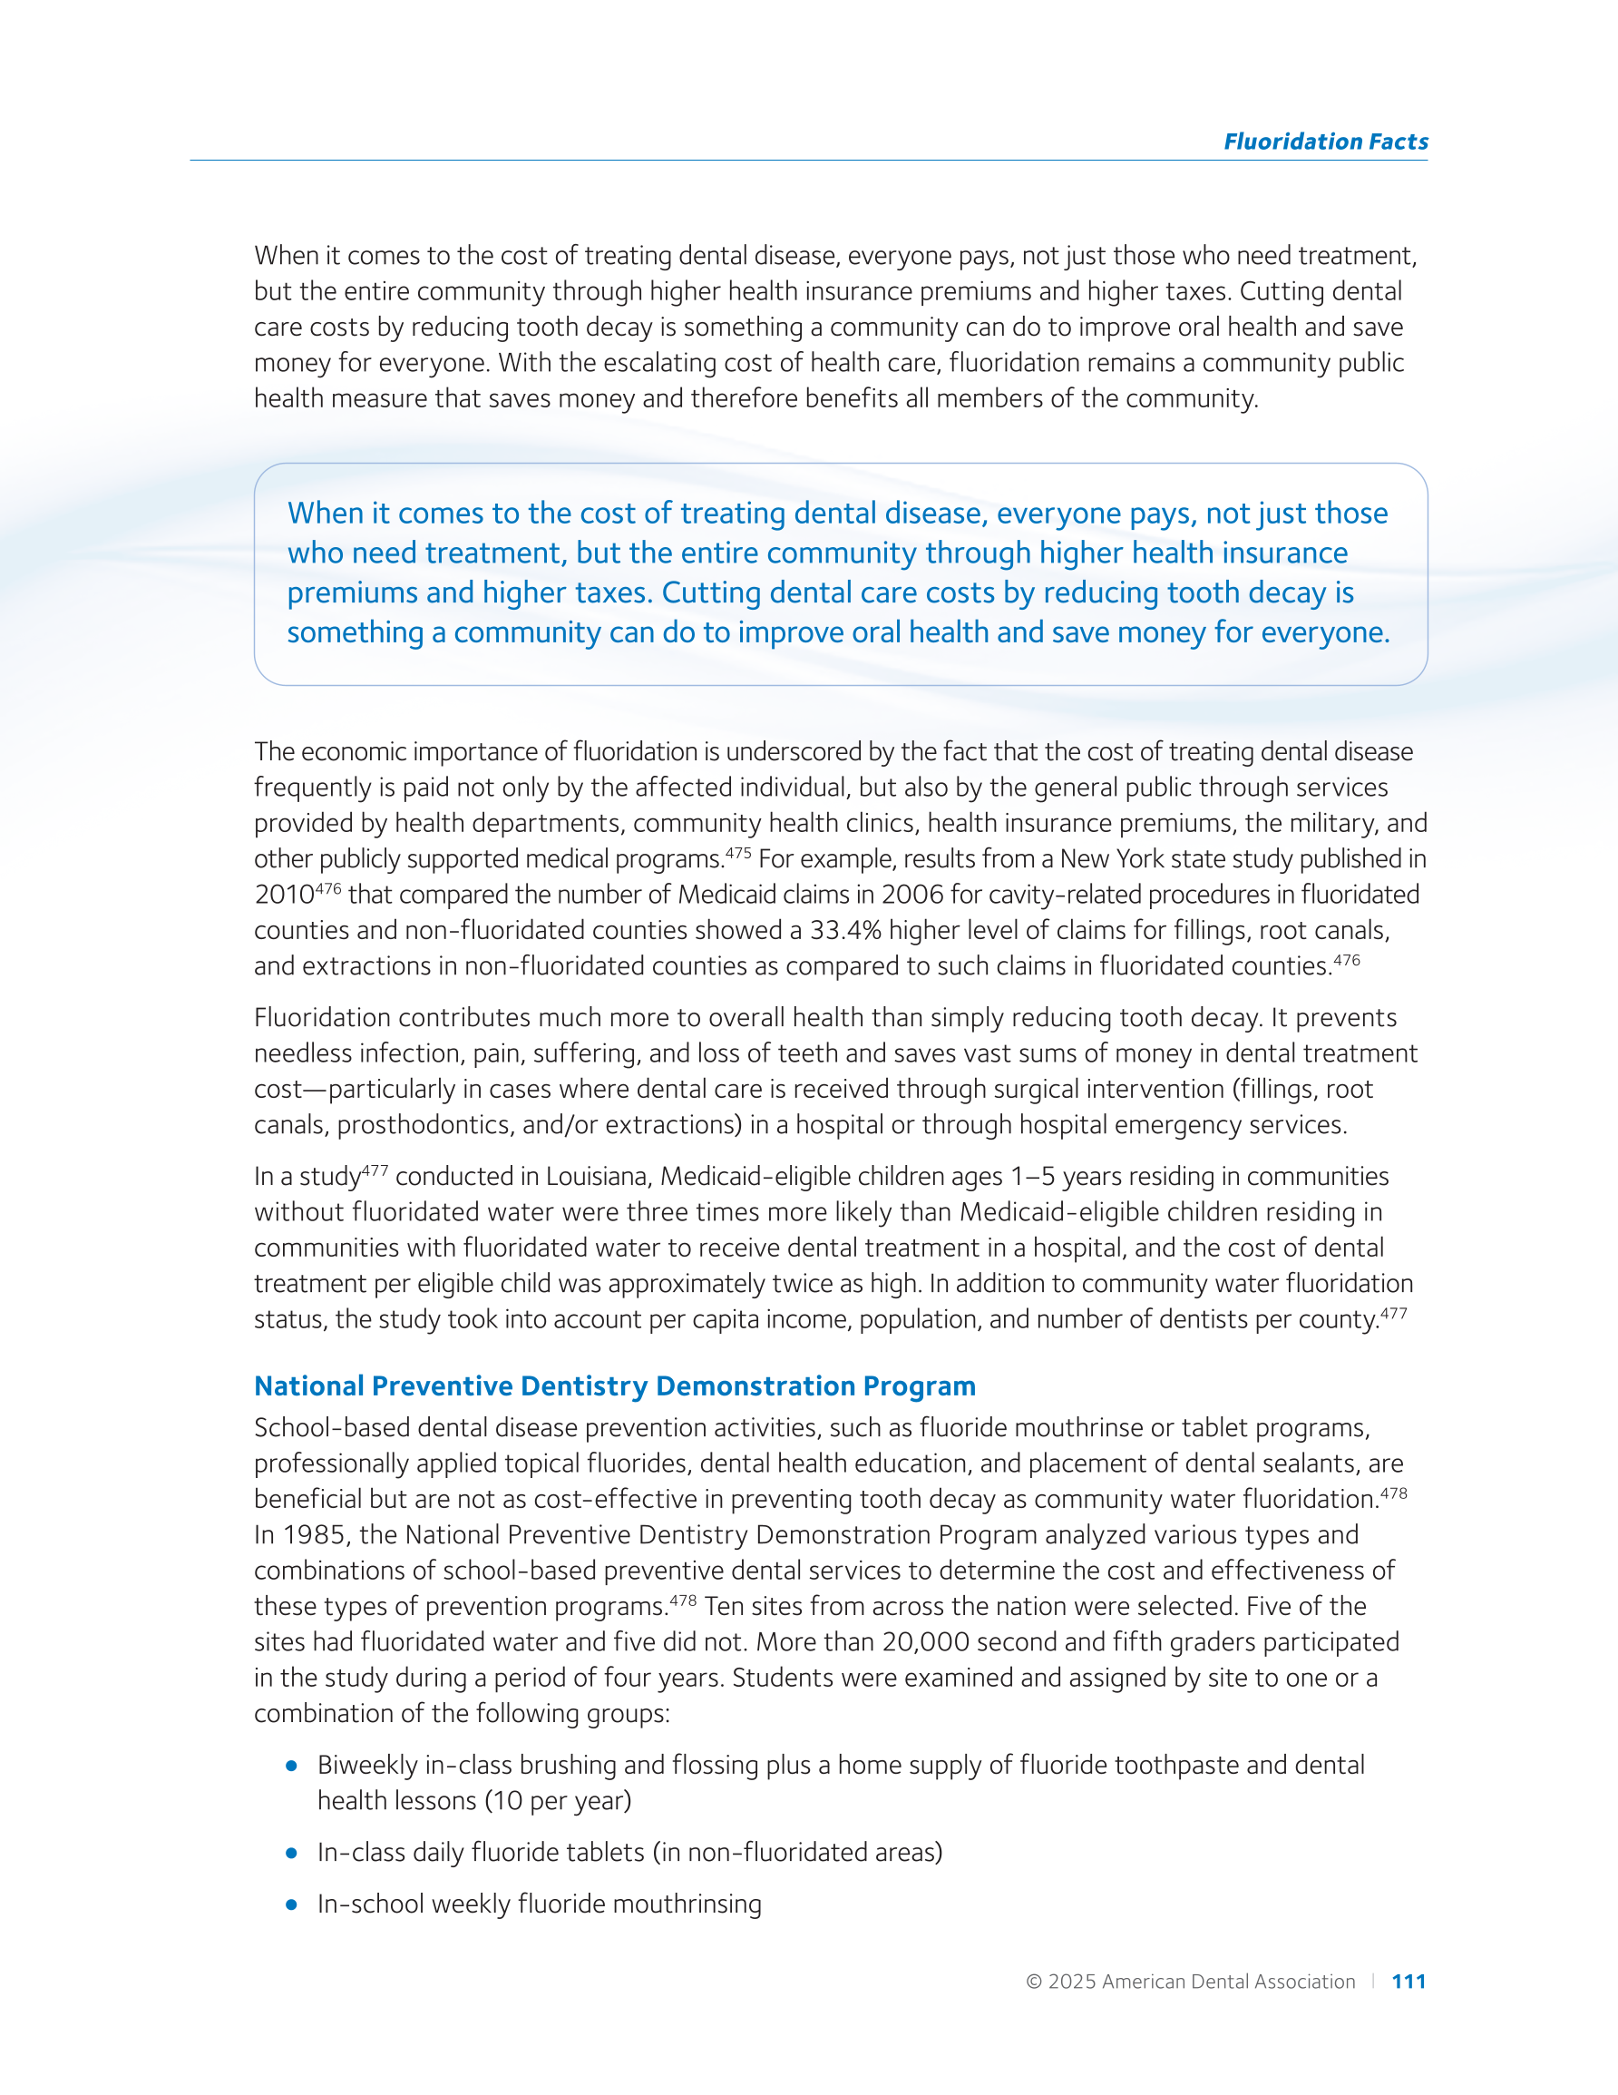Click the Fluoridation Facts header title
1324,142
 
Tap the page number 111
1408,1982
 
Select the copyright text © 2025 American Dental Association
1190,1982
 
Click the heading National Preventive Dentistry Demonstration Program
615,1386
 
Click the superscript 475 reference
737,853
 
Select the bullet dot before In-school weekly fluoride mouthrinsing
291,1904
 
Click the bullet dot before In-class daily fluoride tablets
291,1853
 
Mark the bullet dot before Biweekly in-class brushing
291,1765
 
